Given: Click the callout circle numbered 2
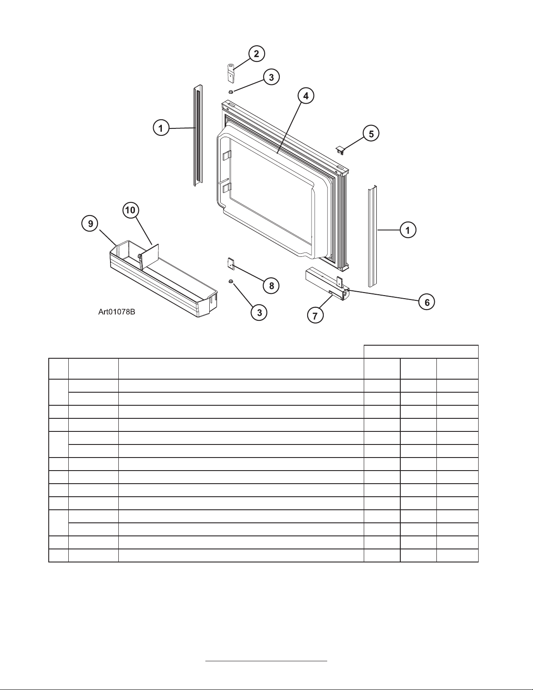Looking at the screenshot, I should (256, 54).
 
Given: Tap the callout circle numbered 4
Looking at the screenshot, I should (306, 96).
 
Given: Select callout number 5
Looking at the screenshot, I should (371, 134).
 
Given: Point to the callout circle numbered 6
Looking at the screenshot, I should (427, 302).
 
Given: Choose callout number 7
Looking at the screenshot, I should (315, 315).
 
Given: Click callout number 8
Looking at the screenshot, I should (271, 286).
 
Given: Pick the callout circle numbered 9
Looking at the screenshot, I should (91, 223).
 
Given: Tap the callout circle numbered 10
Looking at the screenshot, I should (131, 210).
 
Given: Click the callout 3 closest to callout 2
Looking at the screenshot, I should (271, 77).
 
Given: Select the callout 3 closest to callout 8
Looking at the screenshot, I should (259, 312).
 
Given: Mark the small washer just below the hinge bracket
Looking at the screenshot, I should (231, 92).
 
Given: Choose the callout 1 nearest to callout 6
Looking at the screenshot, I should (408, 230).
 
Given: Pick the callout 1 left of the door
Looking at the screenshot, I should (161, 128).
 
